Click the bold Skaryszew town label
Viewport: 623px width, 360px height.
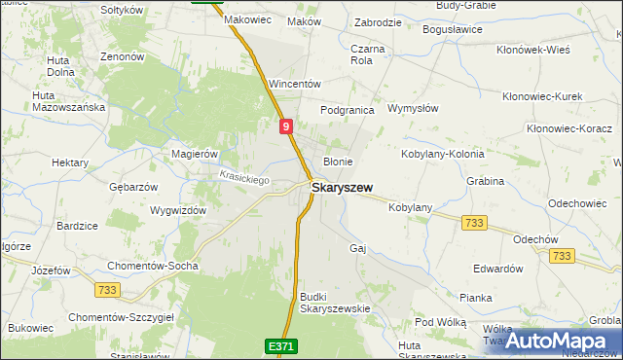340,187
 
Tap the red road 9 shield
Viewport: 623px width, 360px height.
285,126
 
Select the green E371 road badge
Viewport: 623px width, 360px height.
278,345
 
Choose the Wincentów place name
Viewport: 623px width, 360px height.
294,84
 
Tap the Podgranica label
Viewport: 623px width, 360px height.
348,110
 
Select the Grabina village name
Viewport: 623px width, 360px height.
485,180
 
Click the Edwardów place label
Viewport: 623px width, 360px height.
497,269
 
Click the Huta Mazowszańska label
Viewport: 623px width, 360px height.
68,101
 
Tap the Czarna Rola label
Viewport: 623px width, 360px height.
368,54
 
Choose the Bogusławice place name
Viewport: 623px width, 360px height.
453,29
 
